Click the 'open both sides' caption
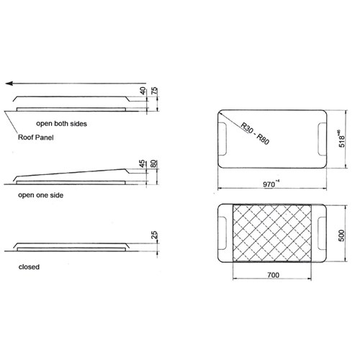[x=63, y=124]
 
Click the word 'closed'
[x=29, y=266]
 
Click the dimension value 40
[x=143, y=91]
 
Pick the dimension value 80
[x=155, y=167]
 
